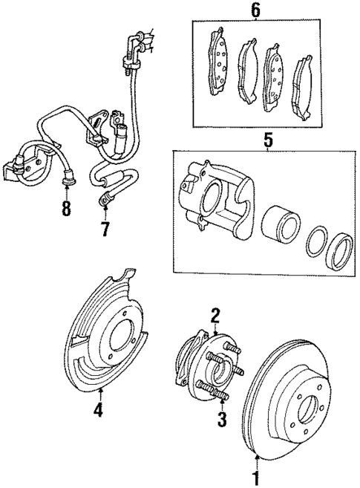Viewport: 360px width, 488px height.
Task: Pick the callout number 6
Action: [256, 10]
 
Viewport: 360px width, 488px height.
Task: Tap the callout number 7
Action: [105, 230]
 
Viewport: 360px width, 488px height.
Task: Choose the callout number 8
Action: [66, 210]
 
